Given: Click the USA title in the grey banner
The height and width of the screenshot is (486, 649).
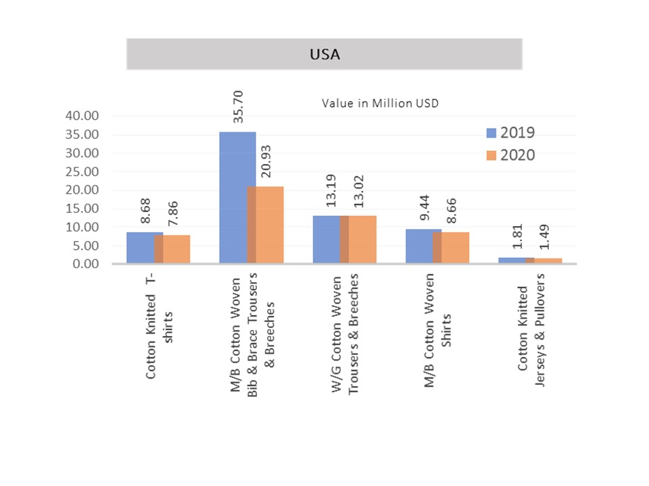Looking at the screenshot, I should coord(324,54).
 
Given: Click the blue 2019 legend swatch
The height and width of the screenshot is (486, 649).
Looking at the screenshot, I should coord(491,132).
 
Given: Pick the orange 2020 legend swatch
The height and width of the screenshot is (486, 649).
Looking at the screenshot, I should coord(491,155).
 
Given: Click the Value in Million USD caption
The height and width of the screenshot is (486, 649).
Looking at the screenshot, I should coord(381,103).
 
